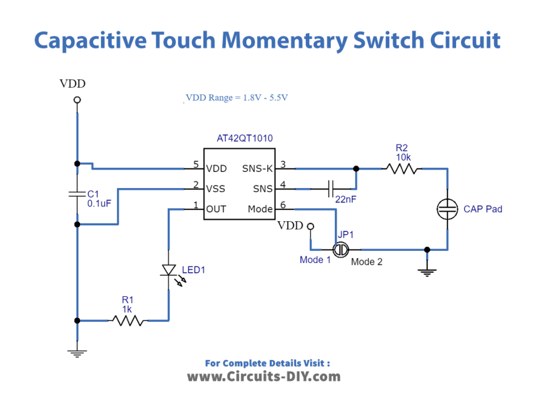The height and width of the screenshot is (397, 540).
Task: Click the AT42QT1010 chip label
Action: pyautogui.click(x=245, y=138)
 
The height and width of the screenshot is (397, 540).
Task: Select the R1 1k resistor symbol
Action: pyautogui.click(x=128, y=320)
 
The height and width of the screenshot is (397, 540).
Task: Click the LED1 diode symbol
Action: pyautogui.click(x=167, y=270)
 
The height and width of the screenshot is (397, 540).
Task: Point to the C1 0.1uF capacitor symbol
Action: pyautogui.click(x=77, y=194)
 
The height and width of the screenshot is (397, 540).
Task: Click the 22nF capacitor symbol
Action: pyautogui.click(x=331, y=189)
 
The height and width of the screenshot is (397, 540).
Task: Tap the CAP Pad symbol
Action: pyautogui.click(x=447, y=208)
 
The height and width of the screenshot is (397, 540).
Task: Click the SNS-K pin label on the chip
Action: pyautogui.click(x=258, y=168)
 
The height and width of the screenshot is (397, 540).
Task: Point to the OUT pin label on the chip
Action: pyautogui.click(x=216, y=209)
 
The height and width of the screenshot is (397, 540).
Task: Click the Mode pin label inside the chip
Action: pyautogui.click(x=260, y=209)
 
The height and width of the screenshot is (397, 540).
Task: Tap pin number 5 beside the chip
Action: pyautogui.click(x=195, y=164)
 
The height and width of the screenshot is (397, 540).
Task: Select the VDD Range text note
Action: pyautogui.click(x=237, y=98)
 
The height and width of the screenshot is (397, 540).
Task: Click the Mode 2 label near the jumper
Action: pyautogui.click(x=367, y=262)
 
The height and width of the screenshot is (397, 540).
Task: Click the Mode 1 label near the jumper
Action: pyautogui.click(x=315, y=260)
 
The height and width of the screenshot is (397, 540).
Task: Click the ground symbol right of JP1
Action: pyautogui.click(x=427, y=270)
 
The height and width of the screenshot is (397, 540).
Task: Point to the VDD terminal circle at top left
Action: pyautogui.click(x=77, y=100)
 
